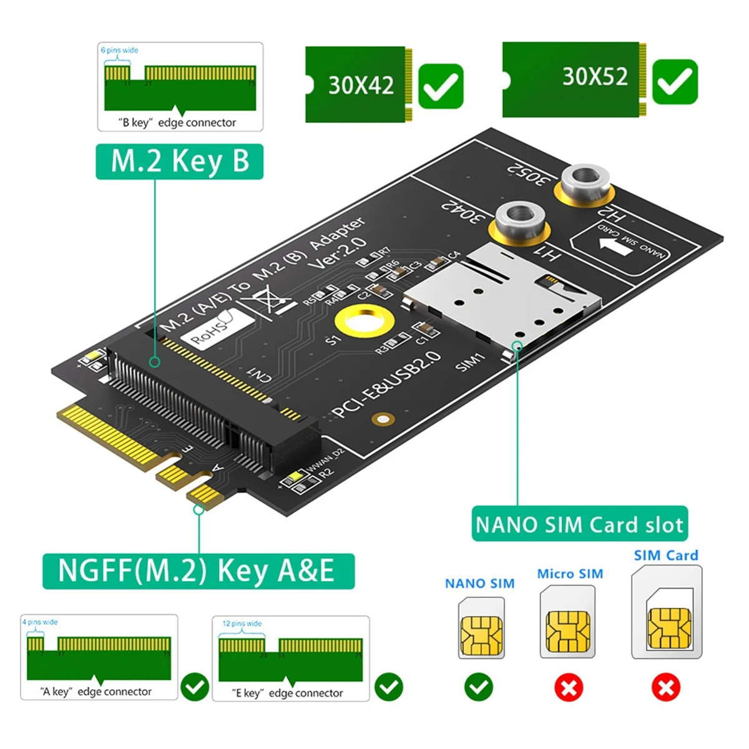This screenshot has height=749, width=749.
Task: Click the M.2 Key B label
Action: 179,162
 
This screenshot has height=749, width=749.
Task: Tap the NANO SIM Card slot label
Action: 579,524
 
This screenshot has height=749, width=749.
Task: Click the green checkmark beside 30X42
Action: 441,86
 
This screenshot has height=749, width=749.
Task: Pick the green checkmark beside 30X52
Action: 675,82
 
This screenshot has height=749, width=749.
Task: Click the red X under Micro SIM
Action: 569,688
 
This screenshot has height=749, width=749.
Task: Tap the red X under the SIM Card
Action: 666,688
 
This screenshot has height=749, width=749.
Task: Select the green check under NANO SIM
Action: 479,687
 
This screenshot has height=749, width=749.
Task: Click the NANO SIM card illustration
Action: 481,628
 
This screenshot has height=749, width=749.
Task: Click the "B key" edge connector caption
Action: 177,123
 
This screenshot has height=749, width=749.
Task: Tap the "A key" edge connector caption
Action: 96,692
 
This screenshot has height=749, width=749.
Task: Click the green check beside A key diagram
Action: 195,687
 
